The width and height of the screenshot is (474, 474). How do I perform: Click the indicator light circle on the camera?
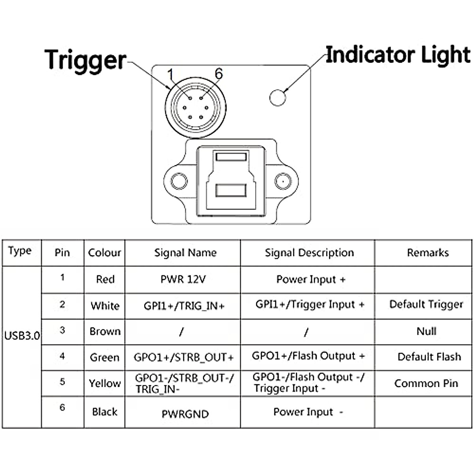(x=278, y=98)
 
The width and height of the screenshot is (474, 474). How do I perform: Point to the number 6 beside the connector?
(x=219, y=73)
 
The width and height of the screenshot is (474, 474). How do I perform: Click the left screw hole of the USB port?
(x=179, y=181)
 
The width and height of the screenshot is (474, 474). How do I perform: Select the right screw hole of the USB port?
(x=283, y=181)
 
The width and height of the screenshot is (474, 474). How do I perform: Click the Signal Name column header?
(x=186, y=253)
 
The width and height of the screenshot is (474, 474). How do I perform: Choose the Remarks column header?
(x=428, y=253)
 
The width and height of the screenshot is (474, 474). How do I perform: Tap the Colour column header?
(x=105, y=253)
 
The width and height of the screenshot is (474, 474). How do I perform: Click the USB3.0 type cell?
(x=22, y=335)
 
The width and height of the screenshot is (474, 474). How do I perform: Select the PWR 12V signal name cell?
(x=183, y=279)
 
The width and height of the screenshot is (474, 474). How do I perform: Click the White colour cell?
(x=105, y=306)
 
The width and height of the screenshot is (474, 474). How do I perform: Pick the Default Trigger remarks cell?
(x=426, y=304)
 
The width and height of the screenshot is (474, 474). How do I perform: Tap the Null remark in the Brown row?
(x=426, y=331)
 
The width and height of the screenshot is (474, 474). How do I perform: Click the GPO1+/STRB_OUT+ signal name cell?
(x=184, y=357)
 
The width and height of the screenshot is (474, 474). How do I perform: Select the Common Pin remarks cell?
(x=426, y=383)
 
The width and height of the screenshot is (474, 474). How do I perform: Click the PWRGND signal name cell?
(x=185, y=414)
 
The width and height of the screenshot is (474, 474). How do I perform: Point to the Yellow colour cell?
(x=105, y=383)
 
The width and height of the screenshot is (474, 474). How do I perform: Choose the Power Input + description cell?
(x=311, y=279)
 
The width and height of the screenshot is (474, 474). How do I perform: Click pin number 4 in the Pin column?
(x=62, y=356)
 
